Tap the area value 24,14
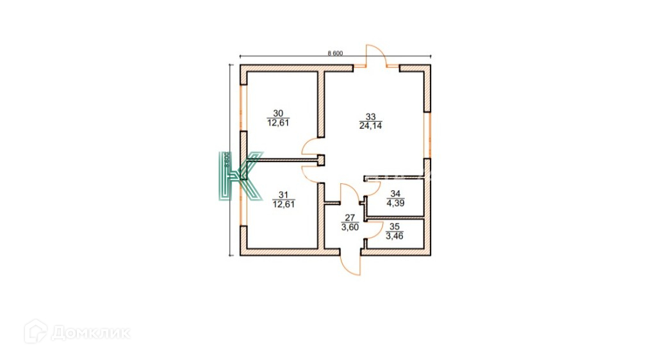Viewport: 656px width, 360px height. (x=370, y=126)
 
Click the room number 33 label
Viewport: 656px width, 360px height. (x=370, y=117)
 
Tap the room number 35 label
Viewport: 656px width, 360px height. (x=395, y=226)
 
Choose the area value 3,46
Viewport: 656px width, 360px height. (x=395, y=235)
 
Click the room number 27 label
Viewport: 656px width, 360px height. (x=350, y=218)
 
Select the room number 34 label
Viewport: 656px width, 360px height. (x=395, y=194)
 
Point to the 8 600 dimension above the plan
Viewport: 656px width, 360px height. (x=335, y=53)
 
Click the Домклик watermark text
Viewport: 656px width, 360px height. (x=90, y=332)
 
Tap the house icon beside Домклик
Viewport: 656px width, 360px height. (x=35, y=332)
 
